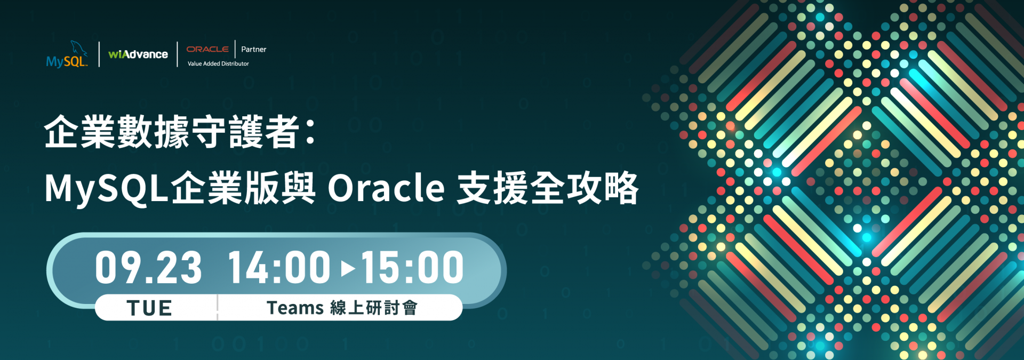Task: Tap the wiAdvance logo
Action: pyautogui.click(x=138, y=54)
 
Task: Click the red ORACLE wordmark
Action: pyautogui.click(x=207, y=49)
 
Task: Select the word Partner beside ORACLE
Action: pyautogui.click(x=253, y=49)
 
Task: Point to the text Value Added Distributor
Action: pyautogui.click(x=218, y=63)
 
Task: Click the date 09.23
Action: pyautogui.click(x=148, y=267)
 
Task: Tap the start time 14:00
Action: pyautogui.click(x=279, y=267)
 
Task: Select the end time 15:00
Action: pyautogui.click(x=412, y=267)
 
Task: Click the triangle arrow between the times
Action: pyautogui.click(x=348, y=268)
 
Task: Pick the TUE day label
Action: pyautogui.click(x=149, y=308)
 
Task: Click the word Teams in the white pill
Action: pyautogui.click(x=295, y=308)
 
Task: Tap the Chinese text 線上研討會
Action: pyautogui.click(x=374, y=308)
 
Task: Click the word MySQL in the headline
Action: pyautogui.click(x=107, y=188)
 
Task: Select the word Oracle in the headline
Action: pyautogui.click(x=386, y=188)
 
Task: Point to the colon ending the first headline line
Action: pyautogui.click(x=311, y=132)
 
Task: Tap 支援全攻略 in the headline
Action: pyautogui.click(x=548, y=188)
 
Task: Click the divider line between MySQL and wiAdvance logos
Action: pyautogui.click(x=99, y=54)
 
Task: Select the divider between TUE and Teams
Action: pyautogui.click(x=218, y=308)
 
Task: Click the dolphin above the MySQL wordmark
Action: pyautogui.click(x=78, y=47)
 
